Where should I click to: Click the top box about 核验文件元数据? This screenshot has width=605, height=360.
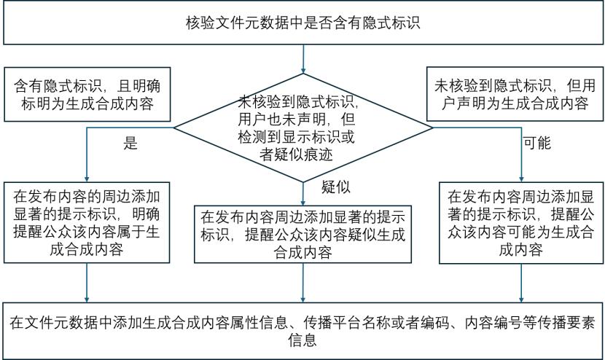pos(303,23)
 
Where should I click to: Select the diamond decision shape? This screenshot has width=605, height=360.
pos(303,128)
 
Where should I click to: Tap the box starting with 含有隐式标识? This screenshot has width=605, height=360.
pos(87,95)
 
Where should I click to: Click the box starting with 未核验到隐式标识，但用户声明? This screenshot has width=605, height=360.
pos(515,94)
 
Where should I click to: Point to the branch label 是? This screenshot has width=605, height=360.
pos(130,143)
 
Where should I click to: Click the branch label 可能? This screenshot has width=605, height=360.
pos(537,143)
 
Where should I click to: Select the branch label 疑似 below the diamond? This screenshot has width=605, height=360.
pos(336,187)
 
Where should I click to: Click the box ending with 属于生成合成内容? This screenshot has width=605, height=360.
pos(87,223)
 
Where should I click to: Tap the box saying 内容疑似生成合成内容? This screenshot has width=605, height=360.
pos(303,234)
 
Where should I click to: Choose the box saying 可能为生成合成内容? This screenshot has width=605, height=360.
pos(521,223)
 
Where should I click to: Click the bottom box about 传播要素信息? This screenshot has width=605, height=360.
pos(303,331)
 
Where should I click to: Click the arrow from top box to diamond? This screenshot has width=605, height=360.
pos(303,59)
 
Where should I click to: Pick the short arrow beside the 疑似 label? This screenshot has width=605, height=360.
pos(303,194)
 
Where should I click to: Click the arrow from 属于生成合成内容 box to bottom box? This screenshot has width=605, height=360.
pos(87,283)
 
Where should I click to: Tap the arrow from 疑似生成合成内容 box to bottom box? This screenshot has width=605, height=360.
pos(303,283)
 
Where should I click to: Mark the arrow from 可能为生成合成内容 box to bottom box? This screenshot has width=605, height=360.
pos(521,283)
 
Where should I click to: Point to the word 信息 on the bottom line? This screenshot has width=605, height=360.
pos(302,340)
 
